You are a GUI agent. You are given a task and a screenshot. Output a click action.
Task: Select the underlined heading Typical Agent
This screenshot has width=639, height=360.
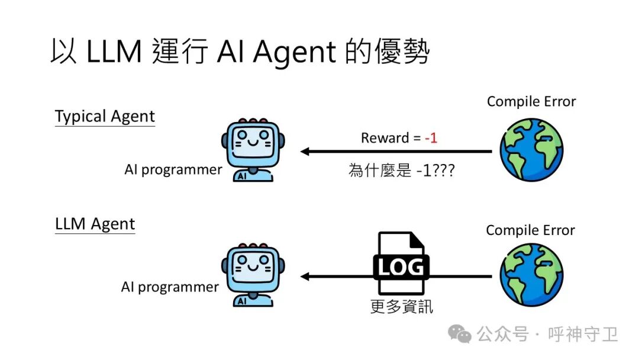pos(105,116)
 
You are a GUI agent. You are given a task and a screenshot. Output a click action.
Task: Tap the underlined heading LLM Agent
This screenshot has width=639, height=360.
pos(95,224)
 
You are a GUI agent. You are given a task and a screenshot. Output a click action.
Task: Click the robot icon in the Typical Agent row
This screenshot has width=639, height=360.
pos(253,150)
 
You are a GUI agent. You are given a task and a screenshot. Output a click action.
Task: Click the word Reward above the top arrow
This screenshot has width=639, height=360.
pos(385,138)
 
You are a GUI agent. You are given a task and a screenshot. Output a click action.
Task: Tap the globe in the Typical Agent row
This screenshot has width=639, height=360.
pos(531,150)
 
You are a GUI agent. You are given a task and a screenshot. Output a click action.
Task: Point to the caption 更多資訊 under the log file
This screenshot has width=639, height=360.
pos(401,306)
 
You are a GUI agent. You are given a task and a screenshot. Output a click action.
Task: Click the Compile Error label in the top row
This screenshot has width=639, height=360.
pos(531,102)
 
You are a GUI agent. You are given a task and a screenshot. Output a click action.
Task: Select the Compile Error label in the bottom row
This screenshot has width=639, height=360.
pos(530,230)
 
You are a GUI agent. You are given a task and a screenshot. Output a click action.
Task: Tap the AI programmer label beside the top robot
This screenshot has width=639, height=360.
pos(173,170)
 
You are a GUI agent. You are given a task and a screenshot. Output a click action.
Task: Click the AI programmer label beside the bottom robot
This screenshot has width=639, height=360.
pos(170,287)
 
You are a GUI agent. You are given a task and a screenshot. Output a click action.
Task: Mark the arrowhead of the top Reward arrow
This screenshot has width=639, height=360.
pos(305,152)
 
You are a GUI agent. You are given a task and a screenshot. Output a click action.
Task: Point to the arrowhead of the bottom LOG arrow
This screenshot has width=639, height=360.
pos(305,277)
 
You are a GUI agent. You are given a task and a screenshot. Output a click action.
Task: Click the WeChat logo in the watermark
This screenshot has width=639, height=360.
pos(460,334)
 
